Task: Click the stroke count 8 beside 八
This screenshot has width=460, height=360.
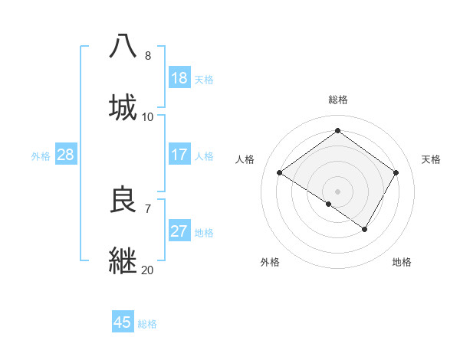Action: (x=148, y=56)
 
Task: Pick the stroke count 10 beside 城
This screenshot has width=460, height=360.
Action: (x=148, y=117)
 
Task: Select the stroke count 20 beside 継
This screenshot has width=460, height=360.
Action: (x=148, y=270)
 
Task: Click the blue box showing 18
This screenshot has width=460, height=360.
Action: (x=179, y=78)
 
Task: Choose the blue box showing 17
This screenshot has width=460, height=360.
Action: (x=179, y=155)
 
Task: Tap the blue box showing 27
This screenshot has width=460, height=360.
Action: (x=179, y=231)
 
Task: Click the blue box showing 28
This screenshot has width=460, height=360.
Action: (x=66, y=155)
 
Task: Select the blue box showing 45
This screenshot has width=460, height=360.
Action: (x=123, y=322)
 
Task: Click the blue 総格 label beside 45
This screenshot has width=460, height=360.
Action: (x=147, y=324)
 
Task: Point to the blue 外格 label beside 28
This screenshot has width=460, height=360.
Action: (x=41, y=156)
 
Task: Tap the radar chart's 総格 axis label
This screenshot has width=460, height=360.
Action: (x=338, y=100)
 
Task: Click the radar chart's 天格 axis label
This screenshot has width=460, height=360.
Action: (x=431, y=159)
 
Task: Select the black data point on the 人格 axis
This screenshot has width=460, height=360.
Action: (x=280, y=173)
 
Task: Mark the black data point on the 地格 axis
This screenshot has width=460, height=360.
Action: (x=365, y=229)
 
